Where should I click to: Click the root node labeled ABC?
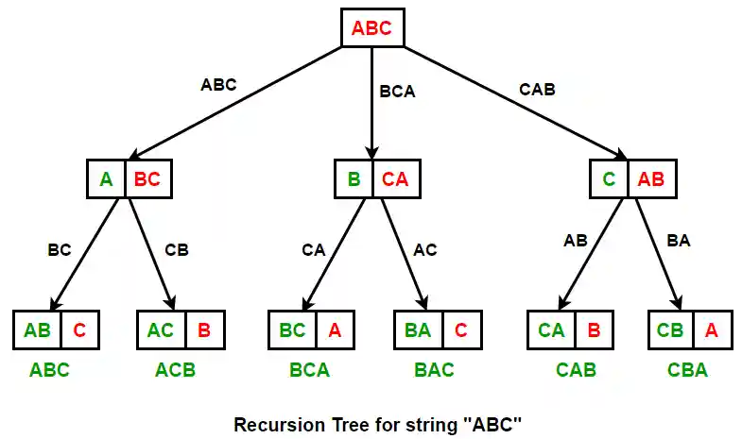[371, 28]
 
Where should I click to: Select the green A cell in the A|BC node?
[106, 178]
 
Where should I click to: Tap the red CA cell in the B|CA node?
[395, 178]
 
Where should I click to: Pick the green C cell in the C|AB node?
[611, 178]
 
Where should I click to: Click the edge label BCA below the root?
[397, 93]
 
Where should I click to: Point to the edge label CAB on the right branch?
[537, 90]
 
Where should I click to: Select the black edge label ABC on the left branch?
[218, 84]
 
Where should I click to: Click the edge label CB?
[177, 251]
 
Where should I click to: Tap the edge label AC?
[425, 251]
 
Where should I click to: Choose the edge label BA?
[678, 241]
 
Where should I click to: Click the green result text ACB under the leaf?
[175, 370]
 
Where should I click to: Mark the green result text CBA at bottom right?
[687, 370]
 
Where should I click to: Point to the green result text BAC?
[434, 370]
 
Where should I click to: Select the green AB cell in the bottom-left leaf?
[38, 330]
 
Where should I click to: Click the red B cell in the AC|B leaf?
[203, 330]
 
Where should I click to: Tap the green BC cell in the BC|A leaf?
[291, 330]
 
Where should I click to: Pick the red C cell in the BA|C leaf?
[459, 330]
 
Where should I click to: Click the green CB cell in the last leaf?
[670, 330]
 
